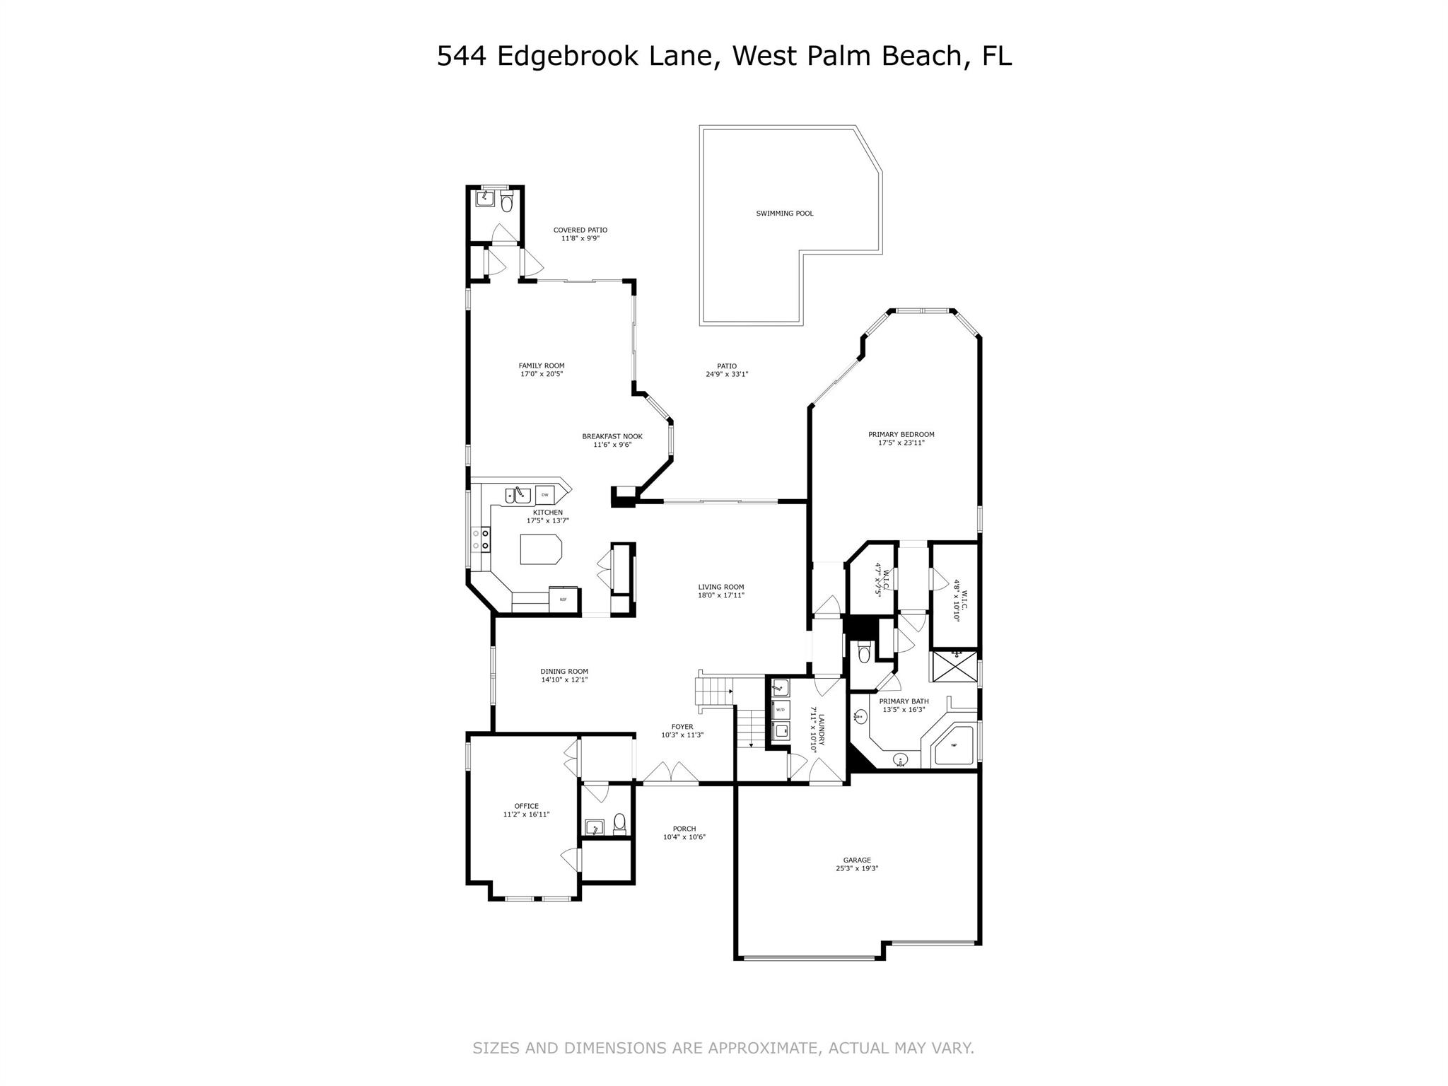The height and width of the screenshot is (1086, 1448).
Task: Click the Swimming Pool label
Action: [x=784, y=214]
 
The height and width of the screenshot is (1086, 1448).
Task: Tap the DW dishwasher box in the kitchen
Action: [x=544, y=495]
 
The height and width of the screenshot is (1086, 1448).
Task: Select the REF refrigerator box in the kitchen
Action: [x=564, y=600]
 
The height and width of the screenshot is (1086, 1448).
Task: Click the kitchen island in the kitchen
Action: [x=541, y=549]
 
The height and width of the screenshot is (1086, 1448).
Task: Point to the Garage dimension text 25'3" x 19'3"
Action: [x=857, y=869]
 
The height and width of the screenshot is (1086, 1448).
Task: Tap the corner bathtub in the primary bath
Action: [x=954, y=745]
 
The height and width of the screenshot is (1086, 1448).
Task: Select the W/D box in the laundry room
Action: [x=780, y=708]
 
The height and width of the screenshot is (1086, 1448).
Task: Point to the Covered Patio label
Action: [x=580, y=230]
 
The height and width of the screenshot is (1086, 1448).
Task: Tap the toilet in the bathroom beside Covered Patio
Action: [x=506, y=204]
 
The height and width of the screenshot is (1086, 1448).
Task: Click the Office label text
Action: [x=526, y=806]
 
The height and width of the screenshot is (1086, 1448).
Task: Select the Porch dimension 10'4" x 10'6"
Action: [x=684, y=837]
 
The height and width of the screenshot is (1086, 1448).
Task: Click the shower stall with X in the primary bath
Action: [x=954, y=667]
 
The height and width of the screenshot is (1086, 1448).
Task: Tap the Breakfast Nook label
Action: [x=612, y=436]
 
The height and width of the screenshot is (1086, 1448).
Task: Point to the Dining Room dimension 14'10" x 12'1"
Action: [x=564, y=680]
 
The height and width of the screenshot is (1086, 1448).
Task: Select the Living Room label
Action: [x=720, y=587]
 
